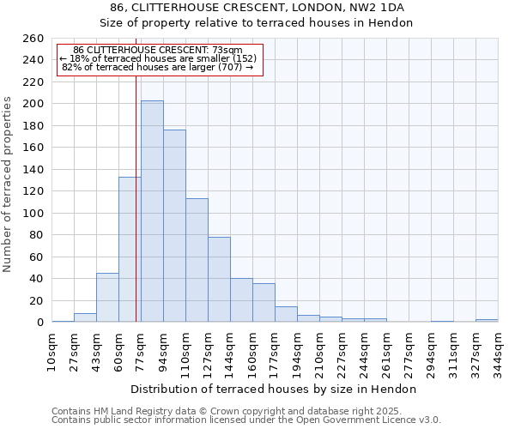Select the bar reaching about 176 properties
pos(174,226)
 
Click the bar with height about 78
pos(219,279)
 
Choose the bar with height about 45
pos(107,297)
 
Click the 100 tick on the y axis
pos(33,214)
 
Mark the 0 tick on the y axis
pos(40,323)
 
